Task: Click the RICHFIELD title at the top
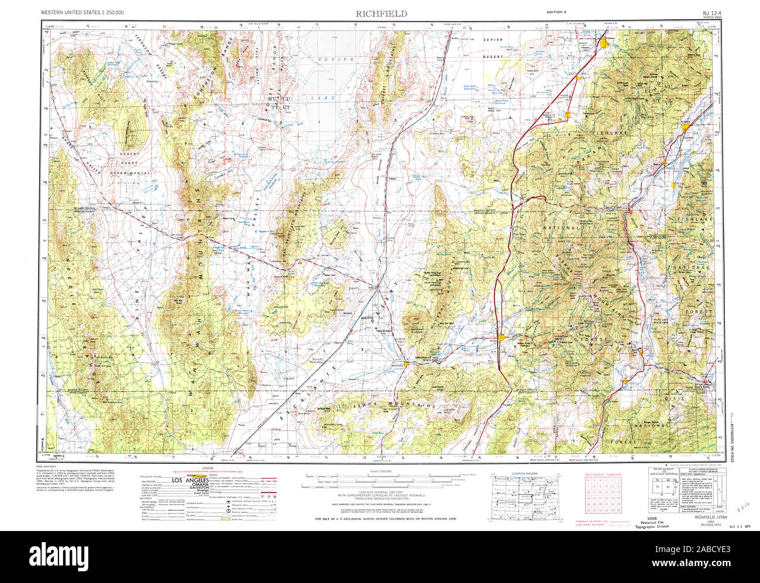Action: point(382,13)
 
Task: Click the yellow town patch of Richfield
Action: point(685,123)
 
